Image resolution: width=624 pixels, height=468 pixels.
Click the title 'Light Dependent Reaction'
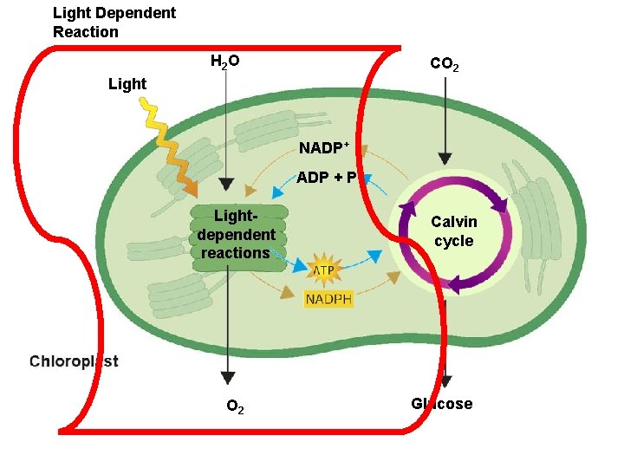pos(114,23)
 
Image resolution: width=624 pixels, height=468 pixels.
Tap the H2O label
pos(225,62)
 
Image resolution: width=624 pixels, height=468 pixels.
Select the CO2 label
pos(445,65)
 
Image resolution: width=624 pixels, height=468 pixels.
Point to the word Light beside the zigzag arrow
pos(127,84)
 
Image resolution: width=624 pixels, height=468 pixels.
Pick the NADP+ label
pos(323,148)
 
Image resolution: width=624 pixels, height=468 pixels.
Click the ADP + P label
pos(326,179)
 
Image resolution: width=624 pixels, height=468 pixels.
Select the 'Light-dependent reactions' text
pos(235,234)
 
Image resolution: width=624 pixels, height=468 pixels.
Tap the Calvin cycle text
pos(454,231)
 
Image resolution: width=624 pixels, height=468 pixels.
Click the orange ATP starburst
pos(322,270)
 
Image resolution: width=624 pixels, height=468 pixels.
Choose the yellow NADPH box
pos(328,299)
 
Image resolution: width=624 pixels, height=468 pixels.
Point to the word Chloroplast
pos(75,361)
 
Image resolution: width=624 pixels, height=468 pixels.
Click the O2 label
pos(235,406)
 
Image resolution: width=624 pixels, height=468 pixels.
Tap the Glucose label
pos(442,404)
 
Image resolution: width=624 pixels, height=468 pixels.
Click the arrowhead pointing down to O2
pos(227,377)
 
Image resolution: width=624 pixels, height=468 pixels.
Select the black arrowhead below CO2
pos(445,159)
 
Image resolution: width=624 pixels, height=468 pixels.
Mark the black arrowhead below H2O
pos(225,185)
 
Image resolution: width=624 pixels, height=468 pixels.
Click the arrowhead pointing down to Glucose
pos(445,381)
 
